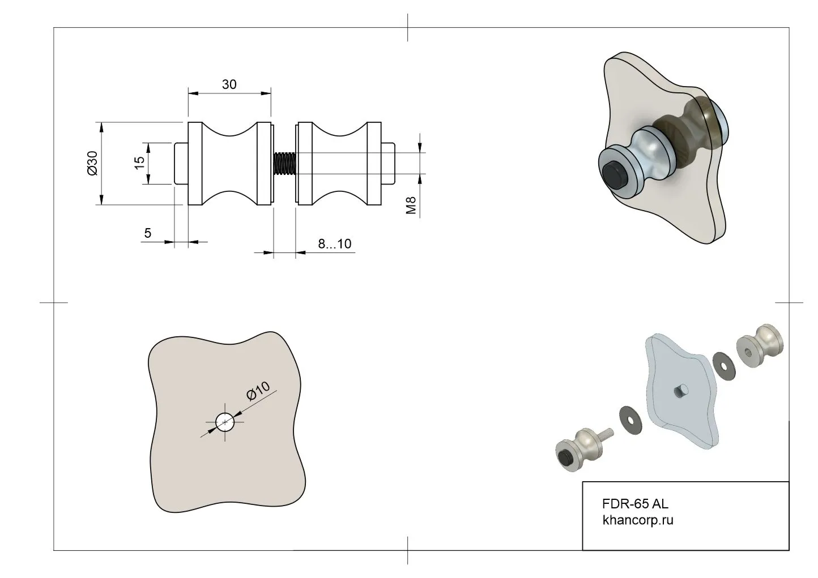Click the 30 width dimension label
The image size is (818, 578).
[229, 84]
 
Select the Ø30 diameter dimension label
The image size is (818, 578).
[92, 163]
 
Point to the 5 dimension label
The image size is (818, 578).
[148, 233]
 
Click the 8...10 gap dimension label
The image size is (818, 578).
[334, 244]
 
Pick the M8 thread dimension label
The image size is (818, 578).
[411, 205]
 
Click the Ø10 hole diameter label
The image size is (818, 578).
[258, 392]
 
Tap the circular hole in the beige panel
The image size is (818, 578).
[225, 422]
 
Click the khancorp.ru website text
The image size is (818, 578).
[638, 520]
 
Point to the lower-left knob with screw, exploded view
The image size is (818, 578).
[578, 448]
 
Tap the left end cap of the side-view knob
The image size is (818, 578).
[181, 164]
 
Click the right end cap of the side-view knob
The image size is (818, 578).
[388, 164]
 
